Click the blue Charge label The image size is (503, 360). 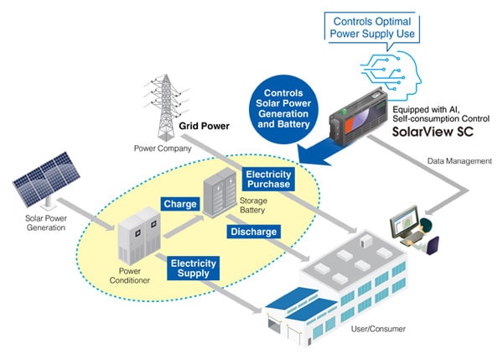point(180,204)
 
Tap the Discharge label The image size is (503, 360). point(253,232)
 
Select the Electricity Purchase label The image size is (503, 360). point(268,180)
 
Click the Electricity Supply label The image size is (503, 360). point(193,269)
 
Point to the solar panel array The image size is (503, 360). point(46,180)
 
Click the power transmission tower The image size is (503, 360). point(166,107)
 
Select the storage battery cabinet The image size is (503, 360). point(220,192)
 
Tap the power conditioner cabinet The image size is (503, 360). point(139,236)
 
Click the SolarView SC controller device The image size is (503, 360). point(359,117)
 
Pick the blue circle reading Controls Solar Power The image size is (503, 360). point(283,108)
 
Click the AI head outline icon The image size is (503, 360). point(392,75)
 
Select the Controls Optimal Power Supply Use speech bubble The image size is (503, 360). point(372,28)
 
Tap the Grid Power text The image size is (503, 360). point(204,126)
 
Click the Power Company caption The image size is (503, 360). point(163,149)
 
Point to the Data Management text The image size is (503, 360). point(459,161)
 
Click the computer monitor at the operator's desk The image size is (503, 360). point(405,222)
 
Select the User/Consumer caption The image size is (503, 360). point(378,329)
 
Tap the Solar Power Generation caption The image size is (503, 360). point(46,223)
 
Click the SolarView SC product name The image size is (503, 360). point(433,132)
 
